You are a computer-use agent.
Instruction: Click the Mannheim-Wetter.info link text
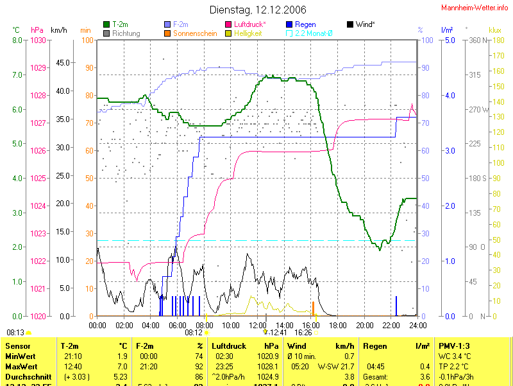(x=475, y=7)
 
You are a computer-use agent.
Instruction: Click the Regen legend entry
(x=305, y=24)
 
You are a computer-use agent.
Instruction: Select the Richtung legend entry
(x=126, y=33)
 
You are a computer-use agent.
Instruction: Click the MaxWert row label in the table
(x=20, y=365)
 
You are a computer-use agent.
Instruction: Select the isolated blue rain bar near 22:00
(x=396, y=306)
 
